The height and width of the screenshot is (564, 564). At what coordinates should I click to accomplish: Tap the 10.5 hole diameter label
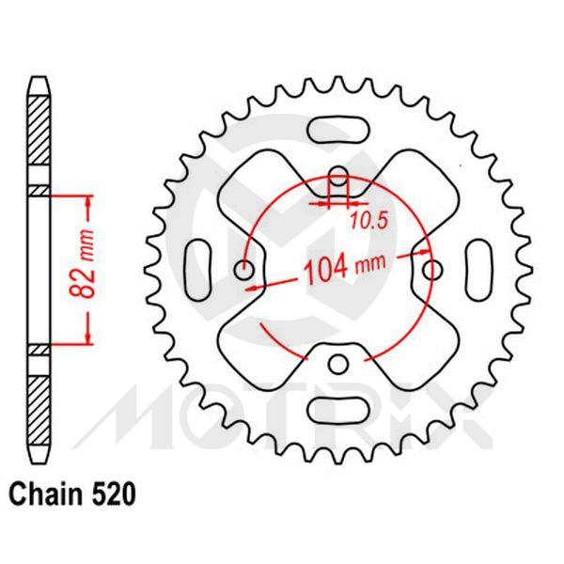pyautogui.click(x=367, y=222)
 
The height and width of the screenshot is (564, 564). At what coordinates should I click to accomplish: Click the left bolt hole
pyautogui.click(x=247, y=271)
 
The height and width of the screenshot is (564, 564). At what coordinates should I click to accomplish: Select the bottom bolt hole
pyautogui.click(x=340, y=363)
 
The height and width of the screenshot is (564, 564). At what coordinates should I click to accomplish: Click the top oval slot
pyautogui.click(x=340, y=129)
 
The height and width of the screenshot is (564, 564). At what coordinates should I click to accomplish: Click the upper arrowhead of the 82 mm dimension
pyautogui.click(x=88, y=200)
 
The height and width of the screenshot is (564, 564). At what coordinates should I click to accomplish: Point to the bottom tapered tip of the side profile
pyautogui.click(x=38, y=455)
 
